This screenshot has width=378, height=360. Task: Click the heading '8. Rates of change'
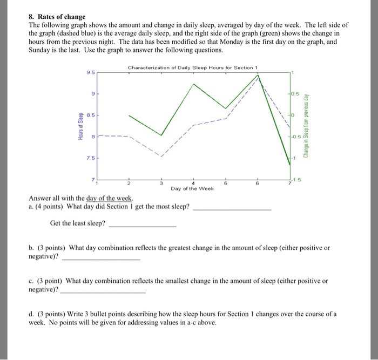coord(57,17)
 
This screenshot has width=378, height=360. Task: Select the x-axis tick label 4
coord(193,184)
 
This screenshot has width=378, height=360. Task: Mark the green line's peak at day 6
coord(258,76)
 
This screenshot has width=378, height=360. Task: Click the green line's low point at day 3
coord(161,135)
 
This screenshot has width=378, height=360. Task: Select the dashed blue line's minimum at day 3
coord(161,156)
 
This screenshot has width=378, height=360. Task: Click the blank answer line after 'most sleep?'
coord(232,208)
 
